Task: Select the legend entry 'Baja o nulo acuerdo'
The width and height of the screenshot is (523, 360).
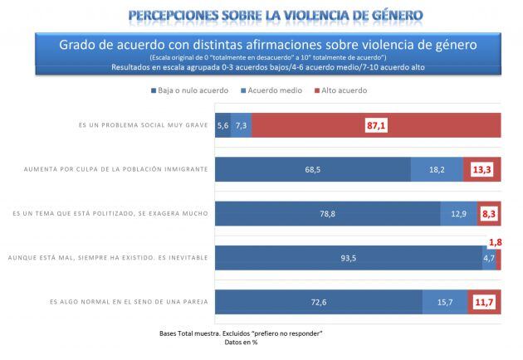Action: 187,90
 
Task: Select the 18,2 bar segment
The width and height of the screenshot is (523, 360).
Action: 437,169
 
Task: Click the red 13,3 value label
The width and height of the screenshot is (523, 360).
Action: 481,169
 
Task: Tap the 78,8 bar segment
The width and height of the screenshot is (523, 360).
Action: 328,214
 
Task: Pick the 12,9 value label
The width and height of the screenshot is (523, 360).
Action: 458,214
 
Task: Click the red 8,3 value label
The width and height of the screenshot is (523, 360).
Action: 489,214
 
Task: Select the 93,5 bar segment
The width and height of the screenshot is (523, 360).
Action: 348,259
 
